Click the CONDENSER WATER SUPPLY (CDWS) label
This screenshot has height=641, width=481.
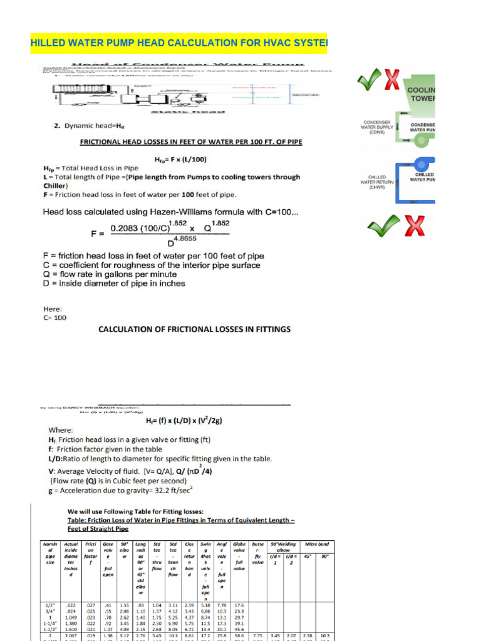[377, 127]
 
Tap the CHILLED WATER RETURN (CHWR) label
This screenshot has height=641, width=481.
[377, 181]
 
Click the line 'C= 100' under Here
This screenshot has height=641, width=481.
[54, 317]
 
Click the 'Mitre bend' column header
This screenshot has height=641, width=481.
[316, 544]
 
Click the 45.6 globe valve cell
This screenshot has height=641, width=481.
[239, 630]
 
